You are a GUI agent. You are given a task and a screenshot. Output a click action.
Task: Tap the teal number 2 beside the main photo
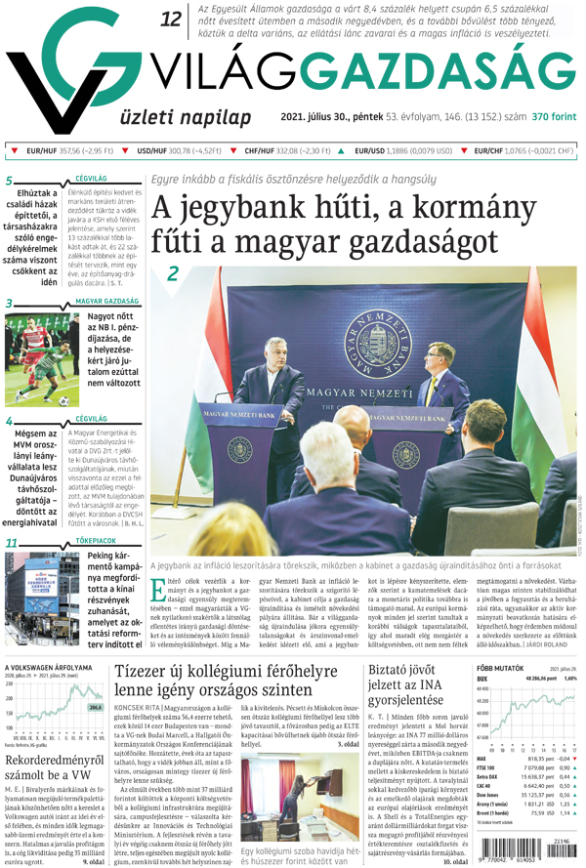[173, 274]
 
